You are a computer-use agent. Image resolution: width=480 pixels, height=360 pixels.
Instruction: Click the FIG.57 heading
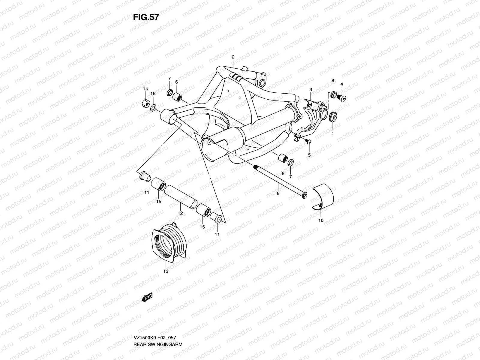click(146, 17)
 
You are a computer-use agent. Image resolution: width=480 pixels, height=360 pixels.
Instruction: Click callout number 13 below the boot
click(166, 271)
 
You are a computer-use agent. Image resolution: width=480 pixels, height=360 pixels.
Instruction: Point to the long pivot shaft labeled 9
click(279, 180)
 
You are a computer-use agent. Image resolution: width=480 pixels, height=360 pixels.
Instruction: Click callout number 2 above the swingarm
click(241, 57)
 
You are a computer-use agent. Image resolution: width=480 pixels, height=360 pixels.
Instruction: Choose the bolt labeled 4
click(341, 97)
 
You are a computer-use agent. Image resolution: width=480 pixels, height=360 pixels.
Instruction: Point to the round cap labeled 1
click(333, 116)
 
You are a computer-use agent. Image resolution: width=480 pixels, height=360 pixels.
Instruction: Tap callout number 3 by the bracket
click(310, 90)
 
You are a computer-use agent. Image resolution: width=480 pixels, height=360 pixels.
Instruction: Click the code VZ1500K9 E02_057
click(154, 321)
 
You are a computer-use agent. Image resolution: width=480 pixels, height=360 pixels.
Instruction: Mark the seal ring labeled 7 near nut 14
click(169, 91)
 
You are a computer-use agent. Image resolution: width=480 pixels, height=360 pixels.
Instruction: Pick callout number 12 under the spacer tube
click(180, 213)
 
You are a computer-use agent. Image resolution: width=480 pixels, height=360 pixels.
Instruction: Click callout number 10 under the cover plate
click(321, 220)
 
